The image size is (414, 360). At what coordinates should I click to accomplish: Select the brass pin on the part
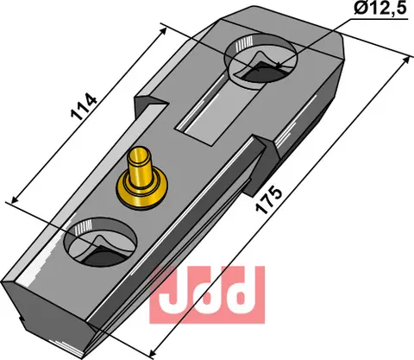click(141, 172)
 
